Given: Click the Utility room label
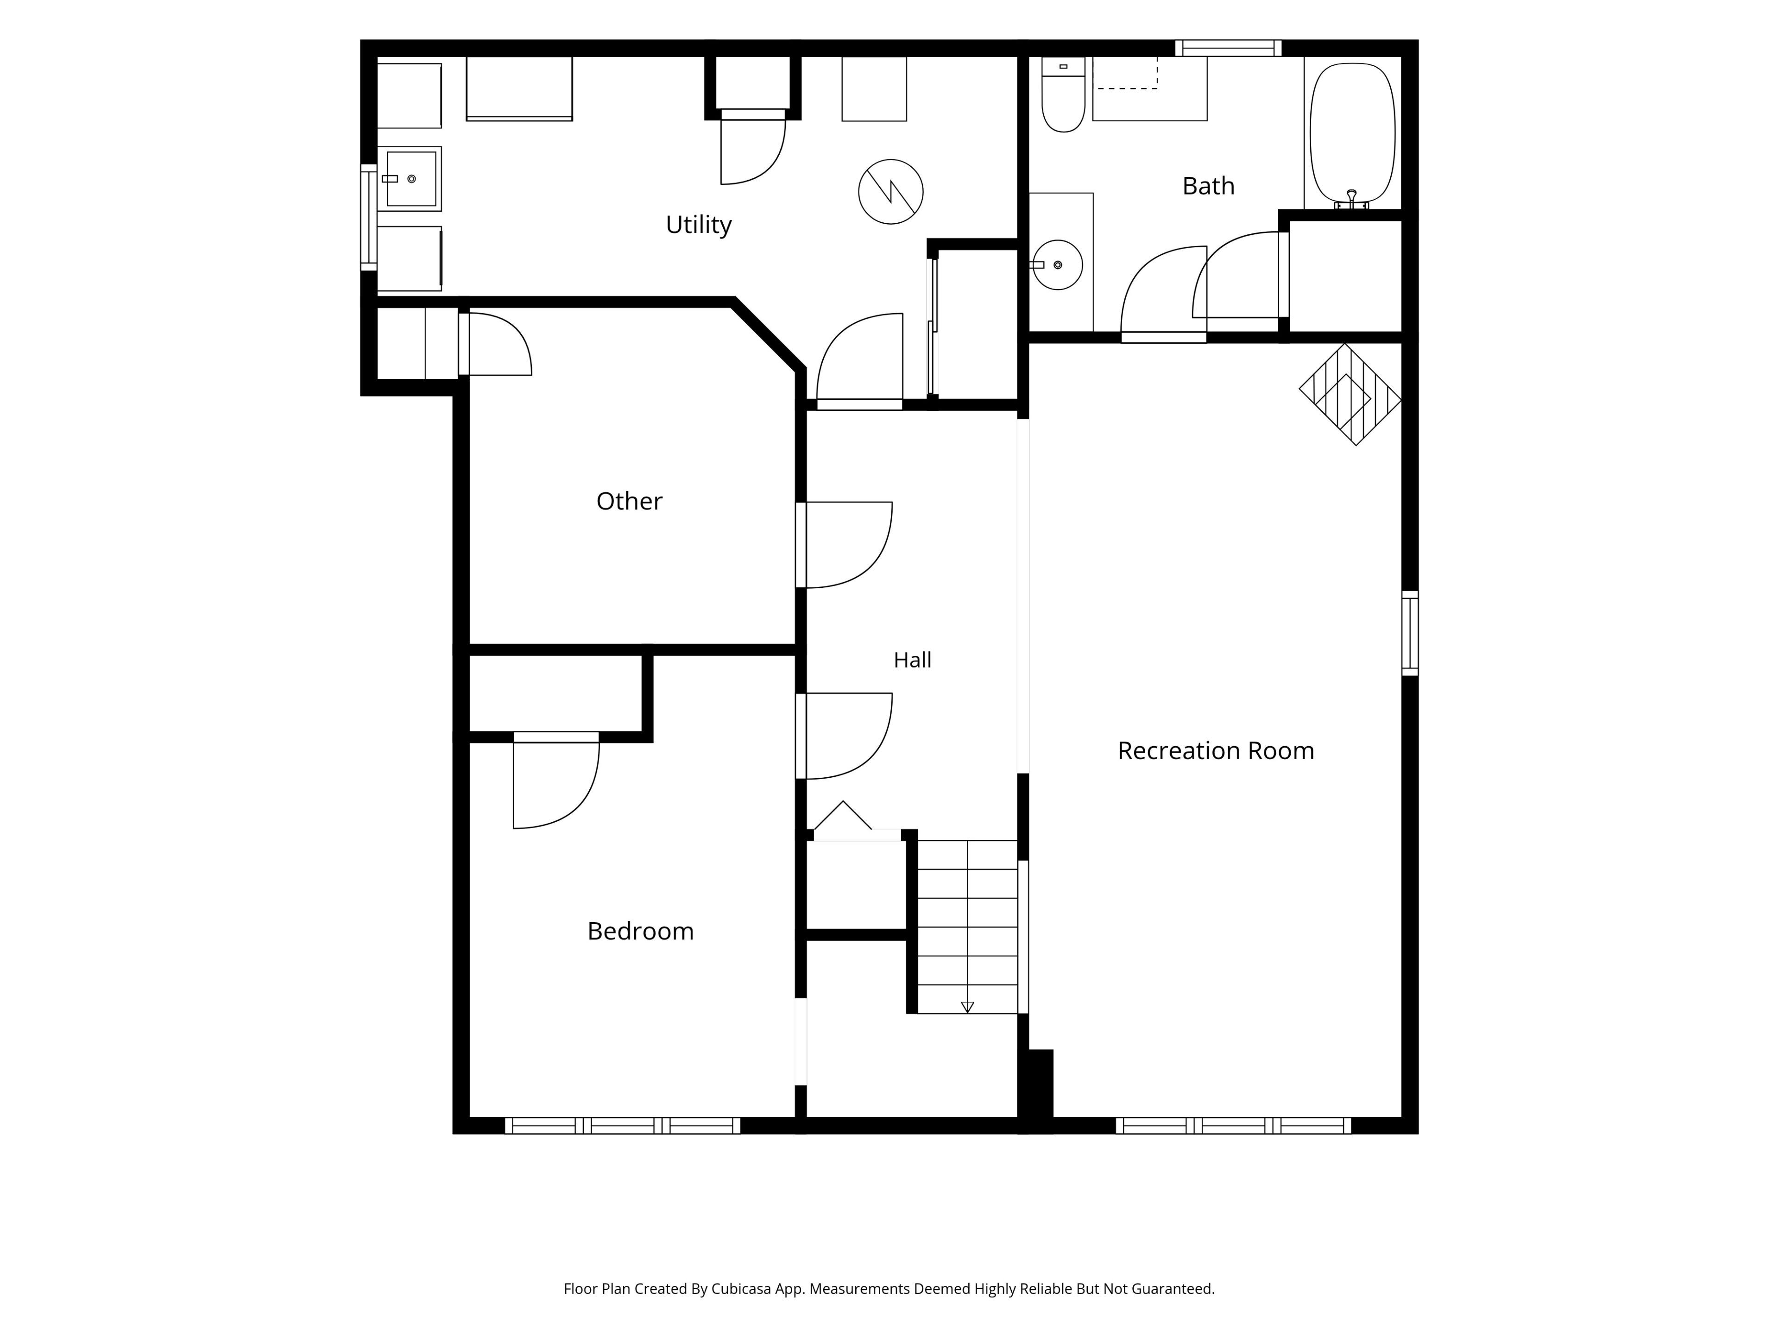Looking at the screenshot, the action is point(698,224).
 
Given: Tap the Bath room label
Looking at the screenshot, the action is point(1208,186).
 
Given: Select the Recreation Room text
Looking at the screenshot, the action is point(1215,750).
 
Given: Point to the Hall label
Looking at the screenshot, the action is point(912,660).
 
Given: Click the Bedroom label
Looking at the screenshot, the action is point(640,931).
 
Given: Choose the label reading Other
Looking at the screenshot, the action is point(629,501).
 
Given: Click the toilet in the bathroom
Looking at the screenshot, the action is point(1063,94).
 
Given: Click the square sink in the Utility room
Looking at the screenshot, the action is point(410,178).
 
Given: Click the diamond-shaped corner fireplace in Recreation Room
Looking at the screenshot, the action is point(1350,395).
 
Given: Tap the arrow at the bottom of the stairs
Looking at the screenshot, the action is point(967,1007).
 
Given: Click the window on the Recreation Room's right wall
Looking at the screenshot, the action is point(1410,633).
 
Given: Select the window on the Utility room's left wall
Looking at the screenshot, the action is point(368,217).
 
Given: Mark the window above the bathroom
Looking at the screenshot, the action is point(1228,48).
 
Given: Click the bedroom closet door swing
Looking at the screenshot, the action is point(556,781).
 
